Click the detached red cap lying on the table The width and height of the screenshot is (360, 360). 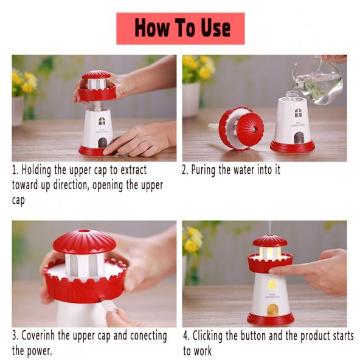241,128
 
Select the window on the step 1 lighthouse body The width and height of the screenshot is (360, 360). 102,121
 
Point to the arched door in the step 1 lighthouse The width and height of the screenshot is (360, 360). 102,142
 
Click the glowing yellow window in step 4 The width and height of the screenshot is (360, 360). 272,285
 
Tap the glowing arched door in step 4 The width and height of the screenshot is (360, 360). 273,310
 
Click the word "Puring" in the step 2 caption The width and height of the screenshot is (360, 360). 203,170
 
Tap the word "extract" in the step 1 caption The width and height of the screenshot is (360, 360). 134,170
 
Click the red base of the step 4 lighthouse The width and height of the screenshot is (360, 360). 271,319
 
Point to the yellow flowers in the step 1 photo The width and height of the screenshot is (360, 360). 24,81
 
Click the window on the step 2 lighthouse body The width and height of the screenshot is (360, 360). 298,112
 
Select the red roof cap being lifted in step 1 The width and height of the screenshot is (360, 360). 97,86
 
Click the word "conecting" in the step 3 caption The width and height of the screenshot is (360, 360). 148,336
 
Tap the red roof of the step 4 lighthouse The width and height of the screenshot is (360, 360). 270,241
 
